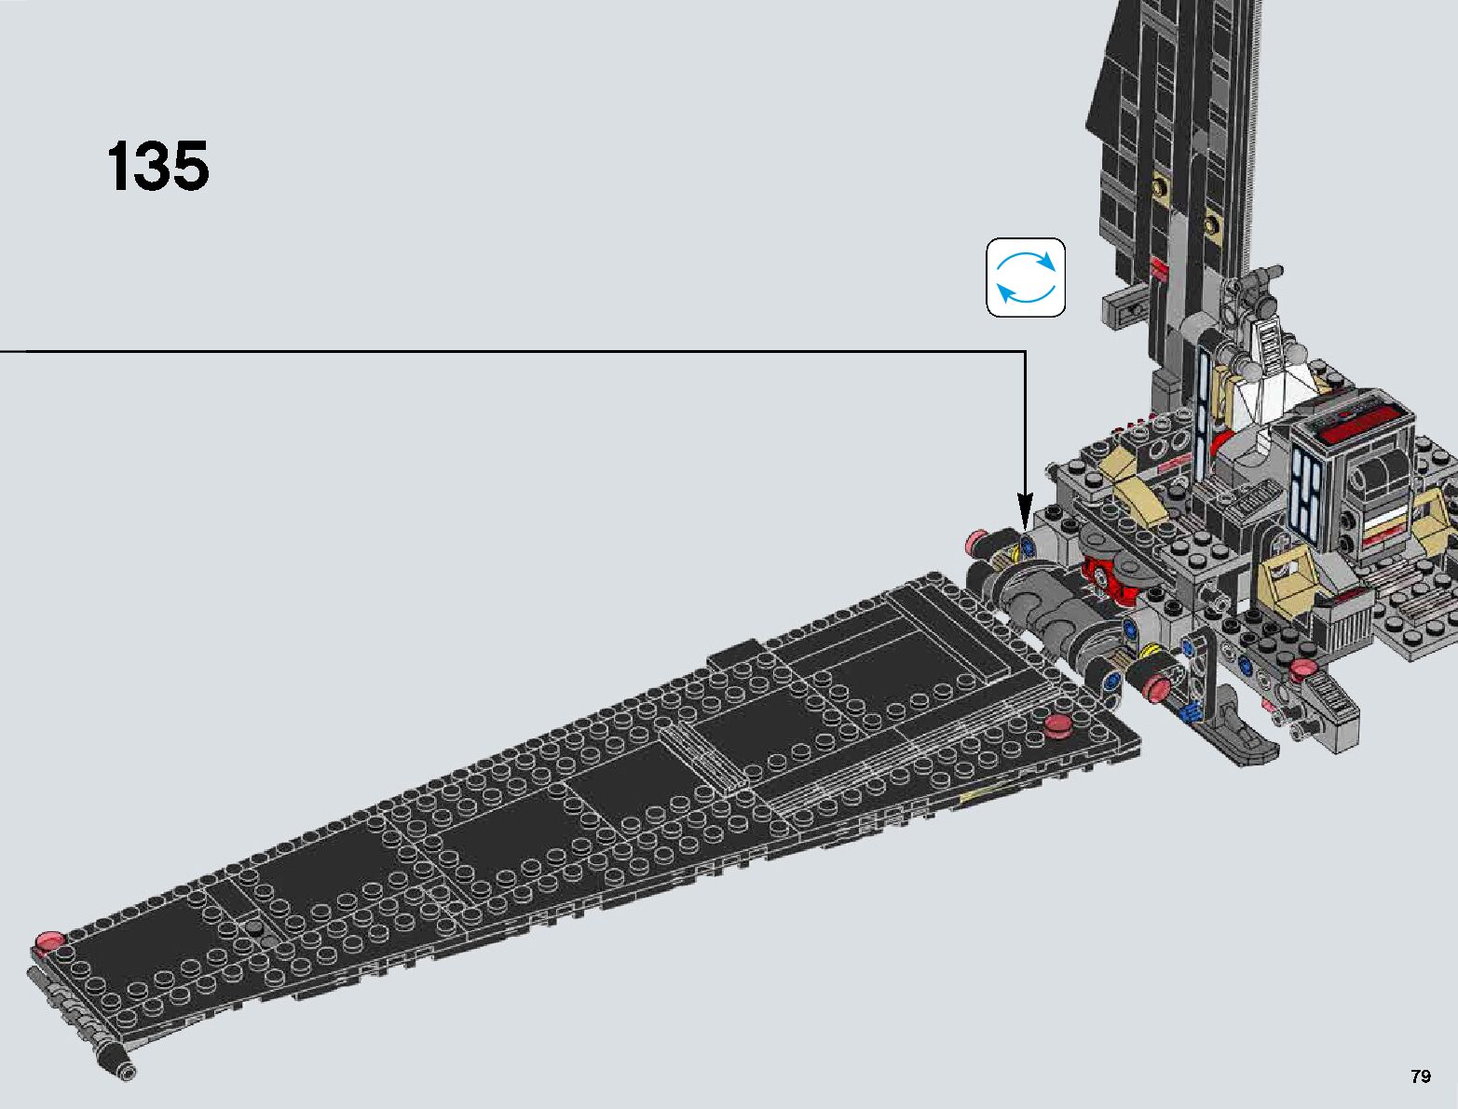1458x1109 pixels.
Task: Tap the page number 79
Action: coord(1420,1076)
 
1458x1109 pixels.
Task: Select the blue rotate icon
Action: coord(1026,277)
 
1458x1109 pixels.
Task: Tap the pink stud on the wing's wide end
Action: coord(1058,724)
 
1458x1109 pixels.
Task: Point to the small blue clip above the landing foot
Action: coord(1188,713)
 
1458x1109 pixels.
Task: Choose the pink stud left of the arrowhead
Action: coord(977,539)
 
